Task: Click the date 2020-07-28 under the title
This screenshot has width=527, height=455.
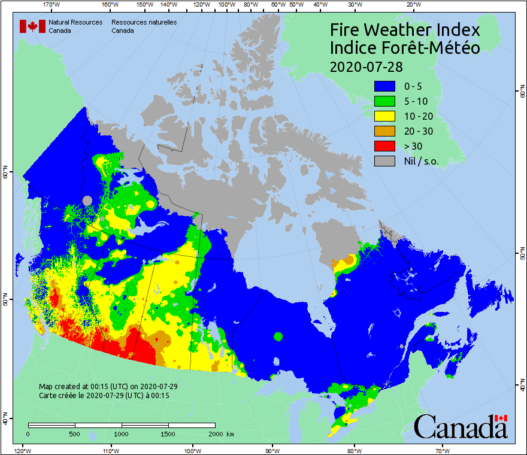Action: click(x=366, y=66)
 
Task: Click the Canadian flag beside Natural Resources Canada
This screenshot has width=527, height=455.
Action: click(x=32, y=26)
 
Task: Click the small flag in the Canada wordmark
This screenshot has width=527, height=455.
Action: click(x=501, y=418)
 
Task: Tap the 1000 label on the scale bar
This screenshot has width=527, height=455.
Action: click(x=122, y=433)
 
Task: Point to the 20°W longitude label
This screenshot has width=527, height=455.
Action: click(x=412, y=5)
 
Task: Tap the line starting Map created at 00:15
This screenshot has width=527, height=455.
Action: click(x=108, y=387)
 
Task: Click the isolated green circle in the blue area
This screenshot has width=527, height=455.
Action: click(x=278, y=336)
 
